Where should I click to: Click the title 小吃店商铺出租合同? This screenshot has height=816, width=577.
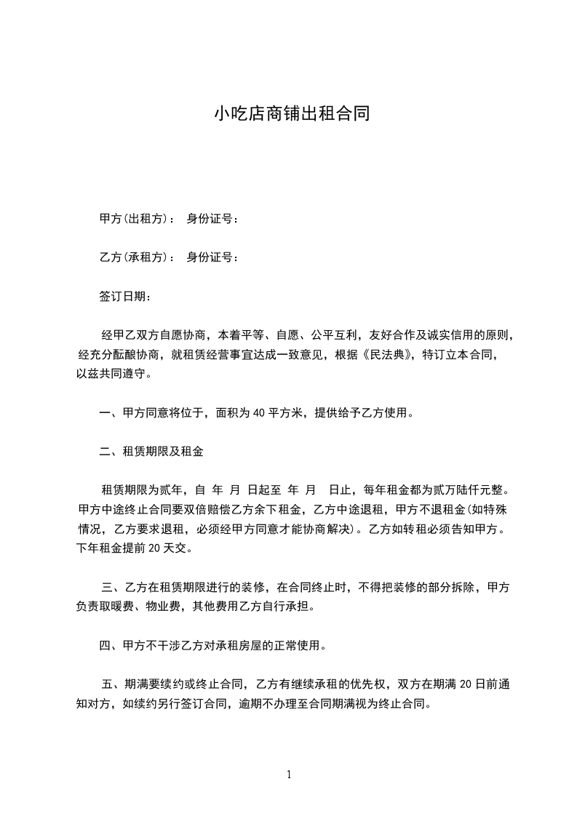click(288, 114)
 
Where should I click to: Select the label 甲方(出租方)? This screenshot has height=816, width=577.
click(136, 218)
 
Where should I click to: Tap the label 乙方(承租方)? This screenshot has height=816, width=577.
click(136, 257)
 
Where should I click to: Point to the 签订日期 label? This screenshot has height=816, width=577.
click(123, 296)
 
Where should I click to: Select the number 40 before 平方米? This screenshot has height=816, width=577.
click(260, 414)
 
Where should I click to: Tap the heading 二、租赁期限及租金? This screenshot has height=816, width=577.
click(151, 452)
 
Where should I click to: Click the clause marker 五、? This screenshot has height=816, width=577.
click(111, 684)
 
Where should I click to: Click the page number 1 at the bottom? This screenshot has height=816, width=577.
click(289, 775)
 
